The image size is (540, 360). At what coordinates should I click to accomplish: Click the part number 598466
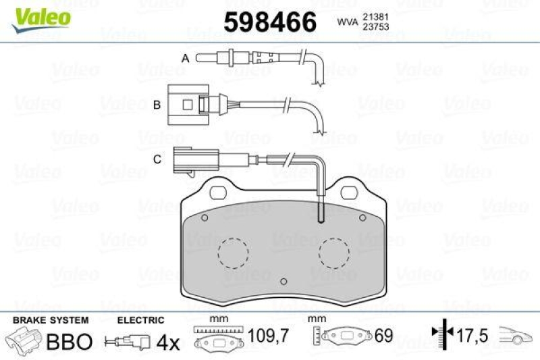tap(269, 23)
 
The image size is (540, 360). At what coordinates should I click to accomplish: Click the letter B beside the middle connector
tap(156, 105)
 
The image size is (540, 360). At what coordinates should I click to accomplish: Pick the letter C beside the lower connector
tap(157, 159)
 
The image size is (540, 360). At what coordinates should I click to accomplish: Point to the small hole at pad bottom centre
tap(283, 282)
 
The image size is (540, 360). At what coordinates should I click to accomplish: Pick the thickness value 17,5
tap(471, 333)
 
